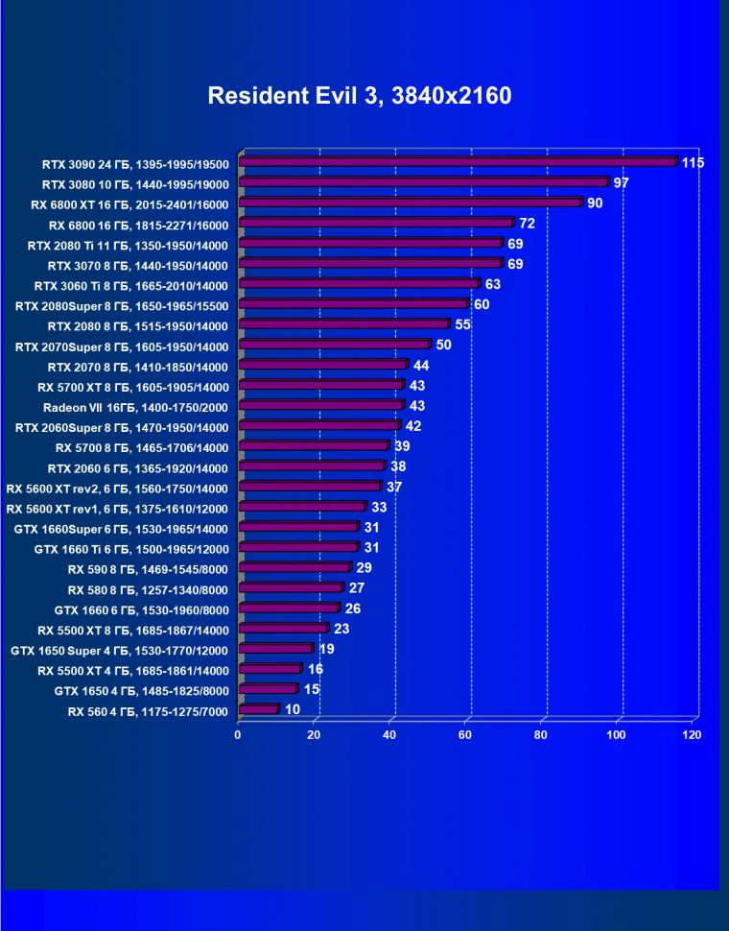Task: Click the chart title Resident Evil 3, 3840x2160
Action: click(x=360, y=96)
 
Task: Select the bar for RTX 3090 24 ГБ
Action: click(x=458, y=162)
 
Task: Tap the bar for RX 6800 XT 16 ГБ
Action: click(x=411, y=203)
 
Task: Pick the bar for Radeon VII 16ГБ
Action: click(x=321, y=406)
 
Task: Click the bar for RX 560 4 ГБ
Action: click(x=258, y=710)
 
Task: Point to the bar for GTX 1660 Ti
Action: click(x=298, y=548)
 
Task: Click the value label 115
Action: click(x=693, y=162)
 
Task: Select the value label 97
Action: click(x=621, y=182)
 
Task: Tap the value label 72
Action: click(x=527, y=224)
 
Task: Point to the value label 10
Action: click(x=293, y=710)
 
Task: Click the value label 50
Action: click(x=443, y=346)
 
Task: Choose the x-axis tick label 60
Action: click(x=465, y=735)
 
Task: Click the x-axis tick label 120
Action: click(x=692, y=735)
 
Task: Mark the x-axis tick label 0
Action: click(x=238, y=735)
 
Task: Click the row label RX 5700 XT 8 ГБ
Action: click(x=133, y=387)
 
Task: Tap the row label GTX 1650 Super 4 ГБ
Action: click(x=120, y=651)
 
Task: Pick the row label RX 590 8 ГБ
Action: click(x=149, y=569)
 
